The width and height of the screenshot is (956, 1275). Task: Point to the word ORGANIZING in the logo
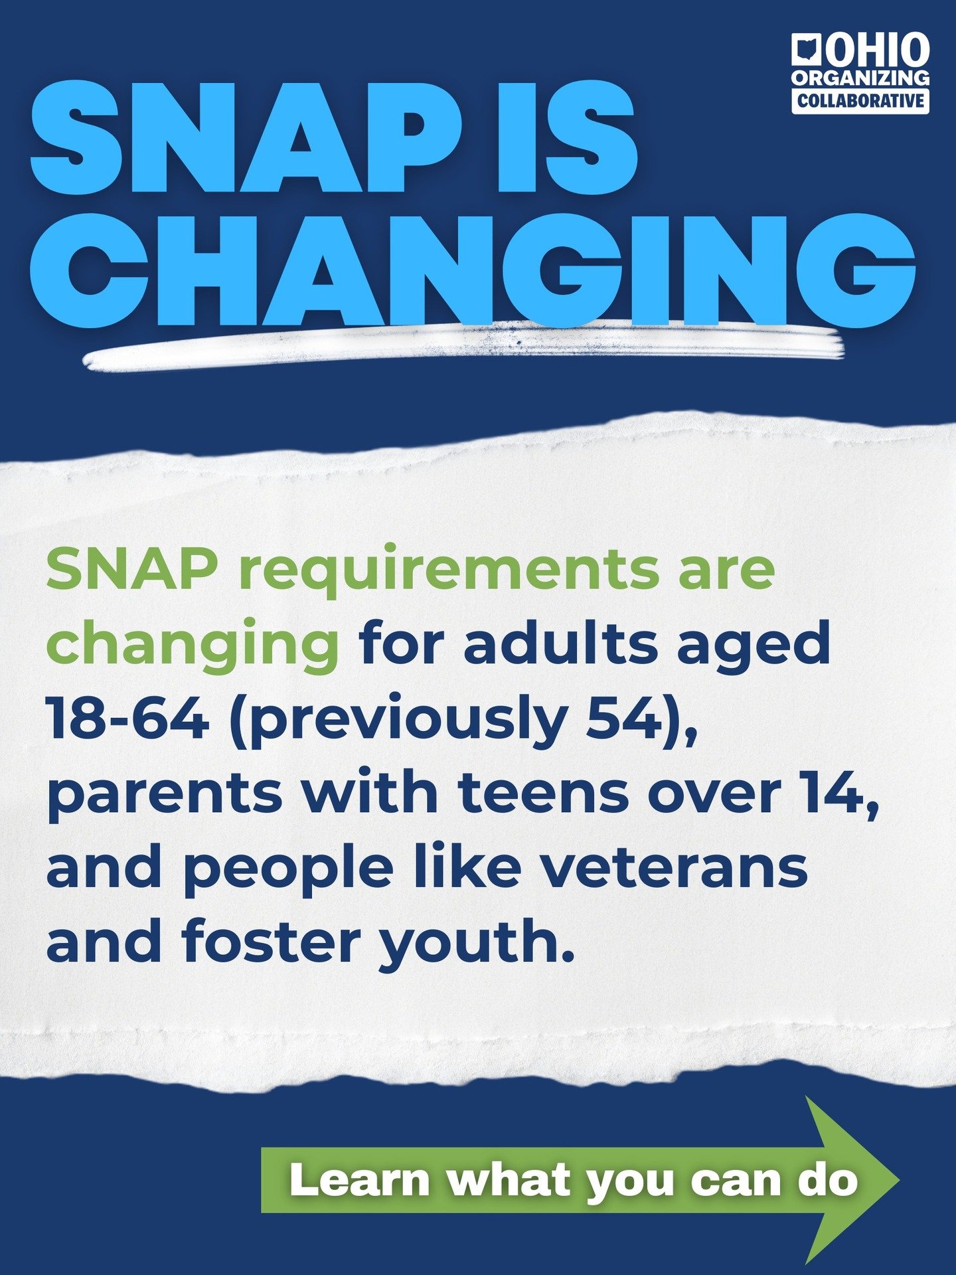pyautogui.click(x=860, y=78)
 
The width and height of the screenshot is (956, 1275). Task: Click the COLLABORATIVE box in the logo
pyautogui.click(x=860, y=101)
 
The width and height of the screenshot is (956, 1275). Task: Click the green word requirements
pyautogui.click(x=448, y=570)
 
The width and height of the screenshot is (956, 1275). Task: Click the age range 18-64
pyautogui.click(x=127, y=719)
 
